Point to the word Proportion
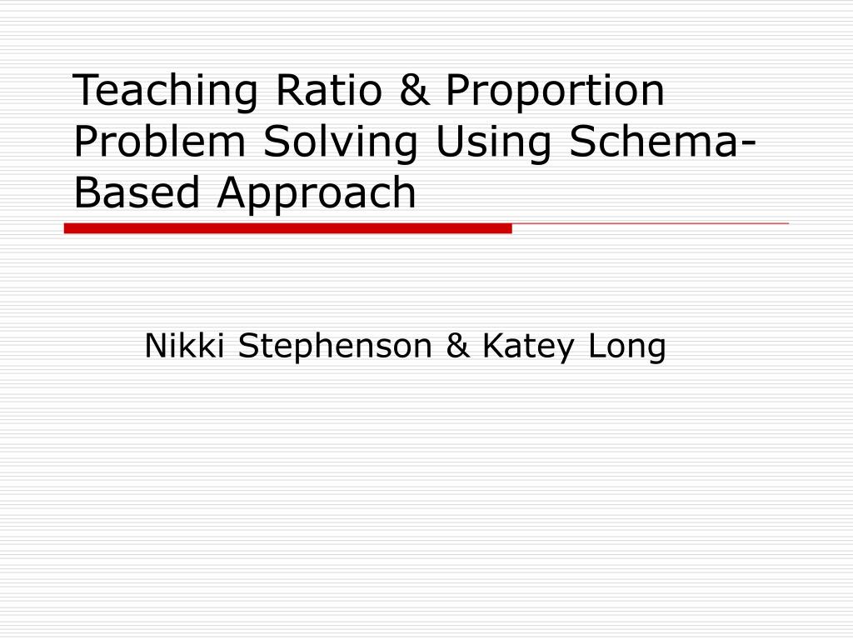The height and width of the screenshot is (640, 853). click(x=555, y=92)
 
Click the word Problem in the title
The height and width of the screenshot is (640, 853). click(x=162, y=142)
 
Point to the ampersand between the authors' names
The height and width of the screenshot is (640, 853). click(x=457, y=346)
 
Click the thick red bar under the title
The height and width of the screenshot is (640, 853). click(x=287, y=228)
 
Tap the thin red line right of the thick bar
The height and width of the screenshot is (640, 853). click(x=650, y=224)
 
